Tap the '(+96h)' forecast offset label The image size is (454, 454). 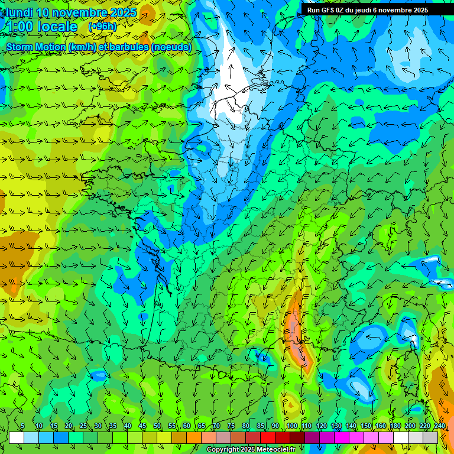(102, 27)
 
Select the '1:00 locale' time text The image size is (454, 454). (42, 27)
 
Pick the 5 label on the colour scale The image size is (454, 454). (22, 426)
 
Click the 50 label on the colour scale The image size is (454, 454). (157, 426)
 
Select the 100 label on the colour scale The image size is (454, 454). (291, 426)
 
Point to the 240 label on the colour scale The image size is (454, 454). (440, 426)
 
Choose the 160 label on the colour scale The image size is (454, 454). (381, 426)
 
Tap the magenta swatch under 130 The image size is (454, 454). (342, 437)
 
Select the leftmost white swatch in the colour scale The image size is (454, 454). (17, 437)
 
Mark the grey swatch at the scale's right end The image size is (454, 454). (430, 437)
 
